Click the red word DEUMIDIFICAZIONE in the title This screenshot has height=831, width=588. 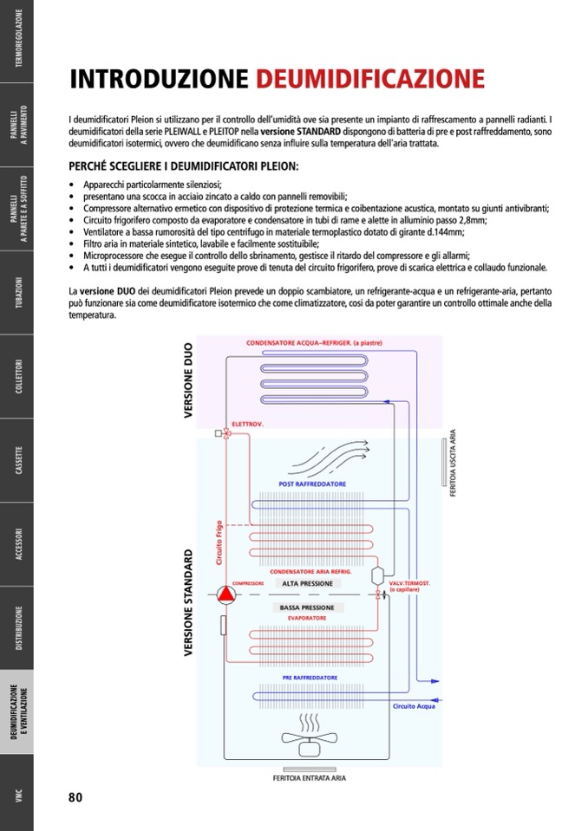pos(369,80)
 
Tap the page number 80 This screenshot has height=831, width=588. pos(75,797)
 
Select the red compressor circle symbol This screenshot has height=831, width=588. pos(225,594)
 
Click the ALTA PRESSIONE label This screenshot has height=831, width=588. pos(307,584)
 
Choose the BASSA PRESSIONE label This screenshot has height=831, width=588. pos(307,608)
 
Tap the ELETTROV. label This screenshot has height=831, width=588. pos(247,425)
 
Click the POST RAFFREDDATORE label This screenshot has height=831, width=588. pos(312,484)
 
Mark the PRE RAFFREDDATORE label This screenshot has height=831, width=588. pos(310,677)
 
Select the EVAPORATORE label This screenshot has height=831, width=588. pos(306,619)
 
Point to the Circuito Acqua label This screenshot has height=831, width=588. pos(414,707)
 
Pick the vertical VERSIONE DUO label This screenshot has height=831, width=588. pos(189,381)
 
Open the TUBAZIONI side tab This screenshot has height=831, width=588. pos(17,293)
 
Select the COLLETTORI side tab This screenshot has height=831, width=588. pos(17,377)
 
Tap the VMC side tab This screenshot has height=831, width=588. pos(17,796)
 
